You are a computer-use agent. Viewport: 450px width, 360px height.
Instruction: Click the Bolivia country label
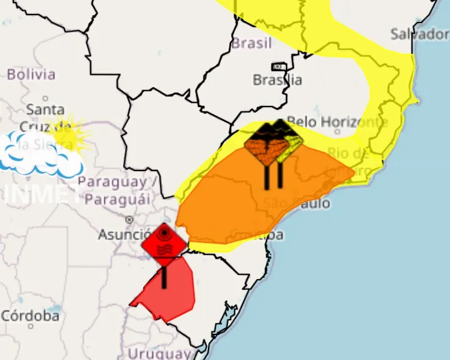click(x=30, y=74)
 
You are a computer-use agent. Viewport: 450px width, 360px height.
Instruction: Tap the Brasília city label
click(x=277, y=80)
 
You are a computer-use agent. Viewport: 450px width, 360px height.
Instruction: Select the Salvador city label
click(x=420, y=34)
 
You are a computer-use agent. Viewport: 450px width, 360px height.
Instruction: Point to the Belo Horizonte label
click(x=337, y=122)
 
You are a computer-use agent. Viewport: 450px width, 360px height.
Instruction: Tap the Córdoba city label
click(x=30, y=316)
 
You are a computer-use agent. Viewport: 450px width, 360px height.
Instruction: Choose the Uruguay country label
click(x=160, y=353)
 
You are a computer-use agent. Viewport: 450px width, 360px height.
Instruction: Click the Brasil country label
click(x=251, y=44)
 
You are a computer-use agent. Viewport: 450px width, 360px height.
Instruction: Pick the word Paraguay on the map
click(x=112, y=182)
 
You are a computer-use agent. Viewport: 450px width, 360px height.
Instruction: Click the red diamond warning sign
click(x=164, y=244)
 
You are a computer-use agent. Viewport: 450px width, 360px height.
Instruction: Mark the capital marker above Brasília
click(x=279, y=66)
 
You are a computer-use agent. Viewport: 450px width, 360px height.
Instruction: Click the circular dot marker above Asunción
click(x=129, y=219)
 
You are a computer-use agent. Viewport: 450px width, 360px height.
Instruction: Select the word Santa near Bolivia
click(x=45, y=110)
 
